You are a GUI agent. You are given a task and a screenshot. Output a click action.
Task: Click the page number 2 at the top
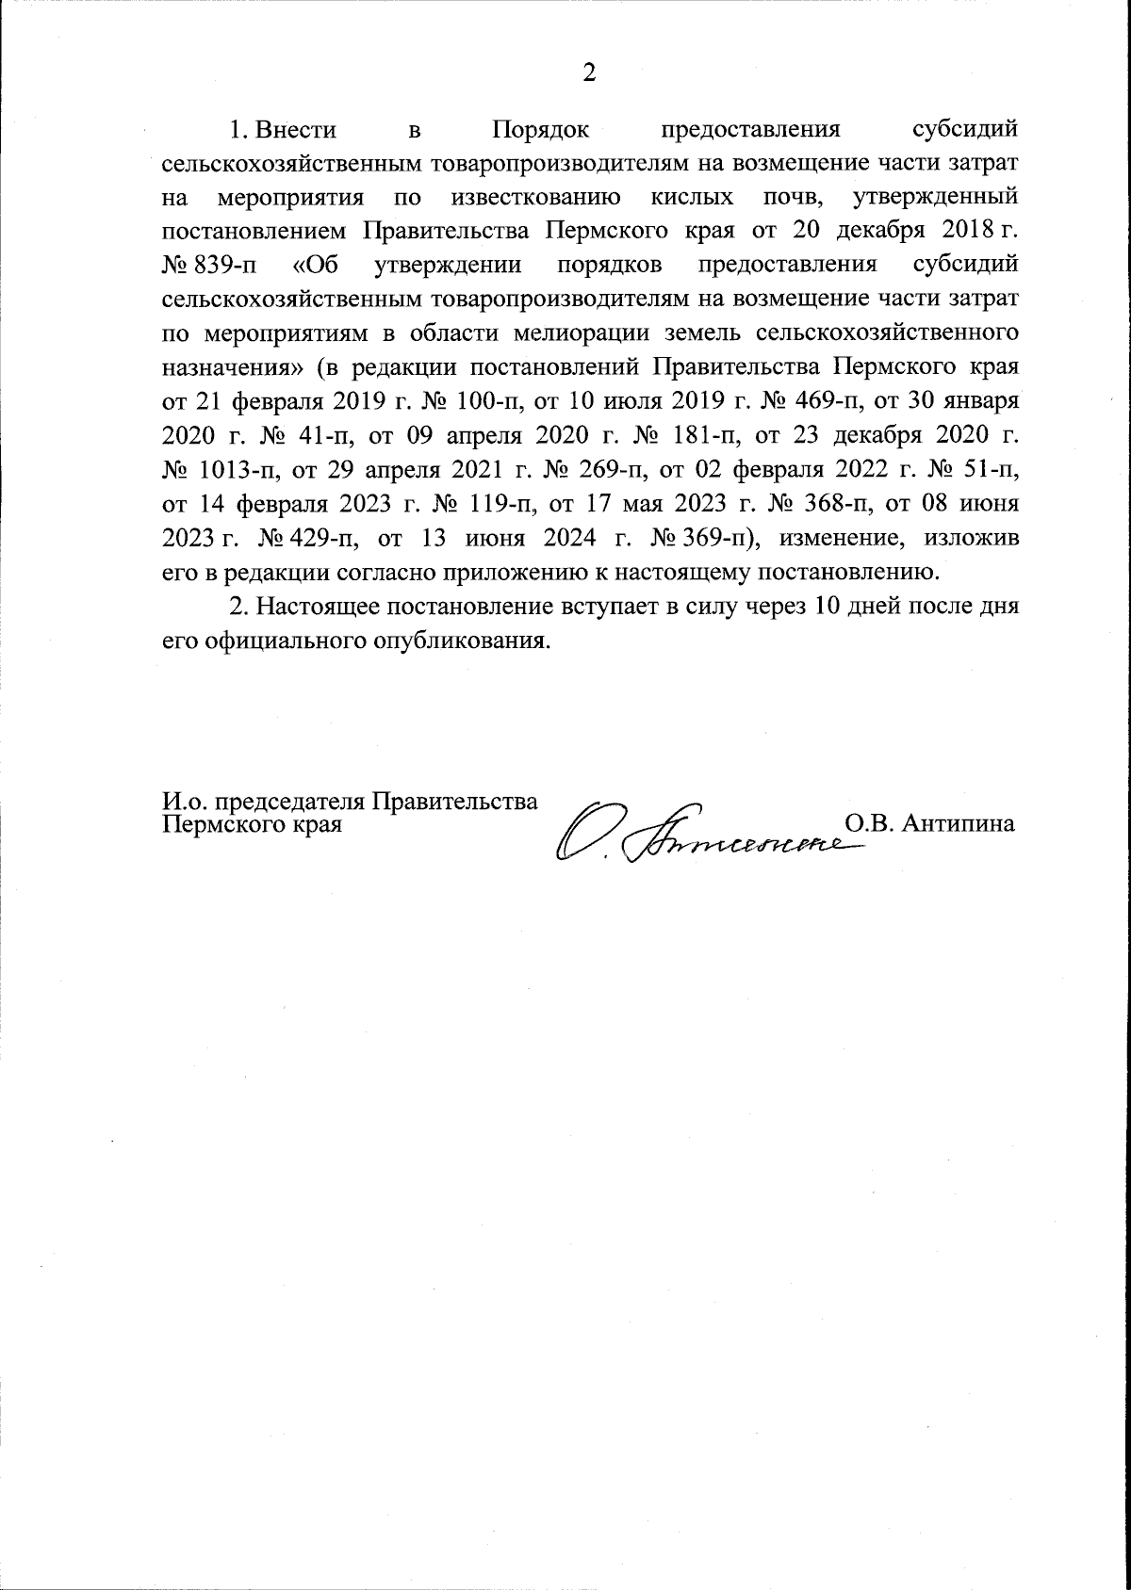[x=589, y=73]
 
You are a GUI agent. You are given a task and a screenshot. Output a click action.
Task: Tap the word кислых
[x=694, y=198]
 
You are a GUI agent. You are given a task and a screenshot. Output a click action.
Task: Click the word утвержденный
[x=933, y=198]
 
